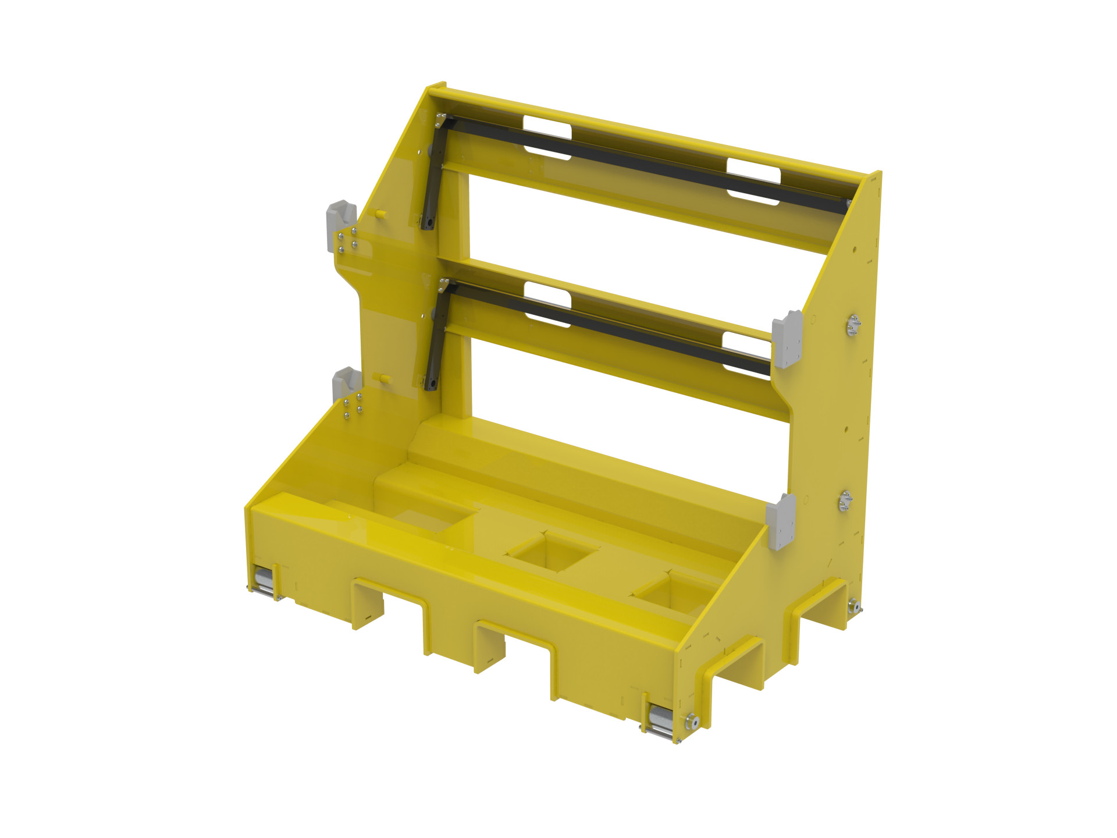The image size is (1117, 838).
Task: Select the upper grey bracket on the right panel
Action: coord(787,340)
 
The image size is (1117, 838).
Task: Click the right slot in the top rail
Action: coord(753,181)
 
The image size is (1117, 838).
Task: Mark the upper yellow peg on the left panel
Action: coord(381,214)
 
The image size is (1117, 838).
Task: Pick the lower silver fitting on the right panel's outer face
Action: coord(845,501)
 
